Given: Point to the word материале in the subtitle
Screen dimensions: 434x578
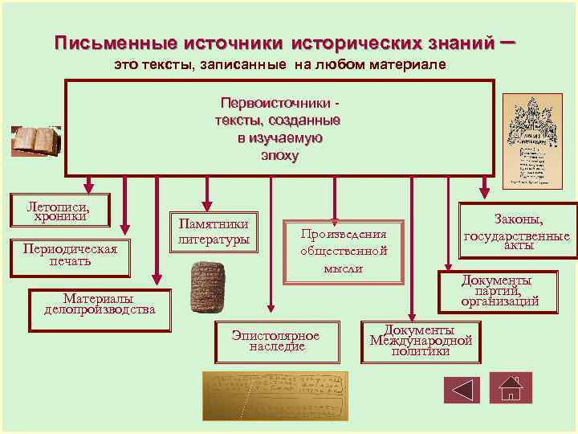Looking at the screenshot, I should [397, 63].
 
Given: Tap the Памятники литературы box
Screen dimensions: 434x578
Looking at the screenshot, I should [213, 231].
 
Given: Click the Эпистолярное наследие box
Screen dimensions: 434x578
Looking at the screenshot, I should [276, 341].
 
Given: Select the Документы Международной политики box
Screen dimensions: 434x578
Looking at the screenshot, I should [421, 341].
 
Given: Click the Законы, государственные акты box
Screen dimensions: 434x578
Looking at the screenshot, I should [517, 231].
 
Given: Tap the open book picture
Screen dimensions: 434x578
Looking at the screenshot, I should [35, 139].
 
